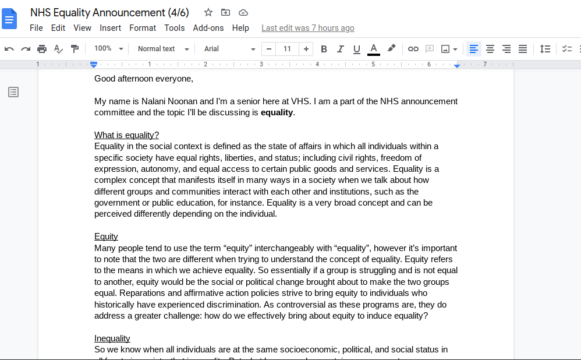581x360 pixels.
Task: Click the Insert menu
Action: click(x=110, y=28)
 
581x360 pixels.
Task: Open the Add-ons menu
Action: click(x=208, y=28)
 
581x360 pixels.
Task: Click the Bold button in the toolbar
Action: click(x=324, y=49)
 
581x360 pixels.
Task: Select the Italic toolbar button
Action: click(x=341, y=49)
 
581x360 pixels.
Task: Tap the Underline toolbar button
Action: click(x=357, y=49)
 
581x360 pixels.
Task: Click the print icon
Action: click(x=42, y=49)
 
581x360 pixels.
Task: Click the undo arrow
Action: click(x=9, y=49)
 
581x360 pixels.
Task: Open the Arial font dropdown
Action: click(x=229, y=49)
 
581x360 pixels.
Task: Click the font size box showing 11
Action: click(x=287, y=49)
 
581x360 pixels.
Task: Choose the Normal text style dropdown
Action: click(x=163, y=49)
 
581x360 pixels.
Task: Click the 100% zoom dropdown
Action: click(x=108, y=49)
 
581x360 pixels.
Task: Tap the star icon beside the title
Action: click(x=208, y=12)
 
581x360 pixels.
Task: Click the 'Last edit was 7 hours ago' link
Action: click(x=307, y=28)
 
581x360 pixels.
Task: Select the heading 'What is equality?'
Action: click(x=126, y=135)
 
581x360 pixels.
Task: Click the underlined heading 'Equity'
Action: click(x=106, y=237)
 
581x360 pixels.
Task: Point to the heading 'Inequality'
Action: click(x=112, y=338)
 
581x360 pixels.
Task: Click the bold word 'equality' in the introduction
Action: click(x=277, y=112)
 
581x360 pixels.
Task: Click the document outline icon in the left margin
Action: click(x=13, y=92)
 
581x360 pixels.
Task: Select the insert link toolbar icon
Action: click(x=413, y=49)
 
